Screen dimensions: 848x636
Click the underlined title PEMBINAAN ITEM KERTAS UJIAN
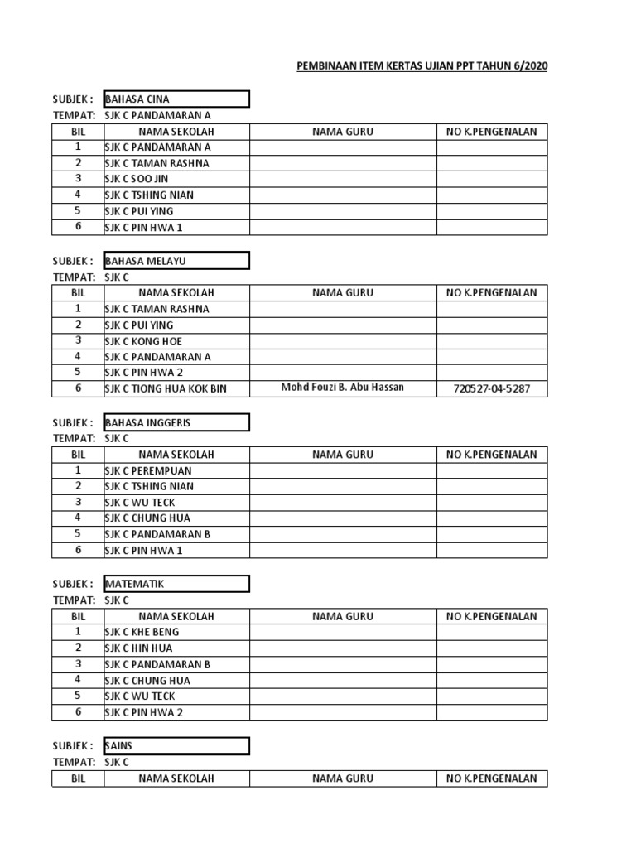coord(422,66)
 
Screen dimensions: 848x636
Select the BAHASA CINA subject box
coord(176,99)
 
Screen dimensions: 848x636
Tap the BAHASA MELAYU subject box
coord(176,261)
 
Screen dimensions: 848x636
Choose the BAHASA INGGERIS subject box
coord(176,422)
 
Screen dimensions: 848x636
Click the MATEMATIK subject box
coord(176,584)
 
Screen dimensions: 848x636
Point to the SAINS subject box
coord(176,746)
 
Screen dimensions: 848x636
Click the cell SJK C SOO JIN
coord(137,179)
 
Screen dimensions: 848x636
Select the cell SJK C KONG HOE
coord(143,341)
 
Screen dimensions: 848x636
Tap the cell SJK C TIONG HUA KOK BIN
coord(166,389)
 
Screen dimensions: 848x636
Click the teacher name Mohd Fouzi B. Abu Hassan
coord(343,388)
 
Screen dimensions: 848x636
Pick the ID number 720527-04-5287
coord(492,388)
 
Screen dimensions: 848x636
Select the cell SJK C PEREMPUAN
coord(147,470)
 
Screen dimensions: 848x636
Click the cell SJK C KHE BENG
coord(142,632)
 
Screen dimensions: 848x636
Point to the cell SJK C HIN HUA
coord(138,648)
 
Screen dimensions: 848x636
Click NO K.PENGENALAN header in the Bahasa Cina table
coord(492,131)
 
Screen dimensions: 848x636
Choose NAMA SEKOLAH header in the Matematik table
coord(176,616)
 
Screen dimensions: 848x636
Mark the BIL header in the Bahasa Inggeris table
coord(79,455)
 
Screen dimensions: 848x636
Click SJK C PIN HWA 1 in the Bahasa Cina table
coord(143,227)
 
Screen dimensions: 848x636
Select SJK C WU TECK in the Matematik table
coord(140,696)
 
